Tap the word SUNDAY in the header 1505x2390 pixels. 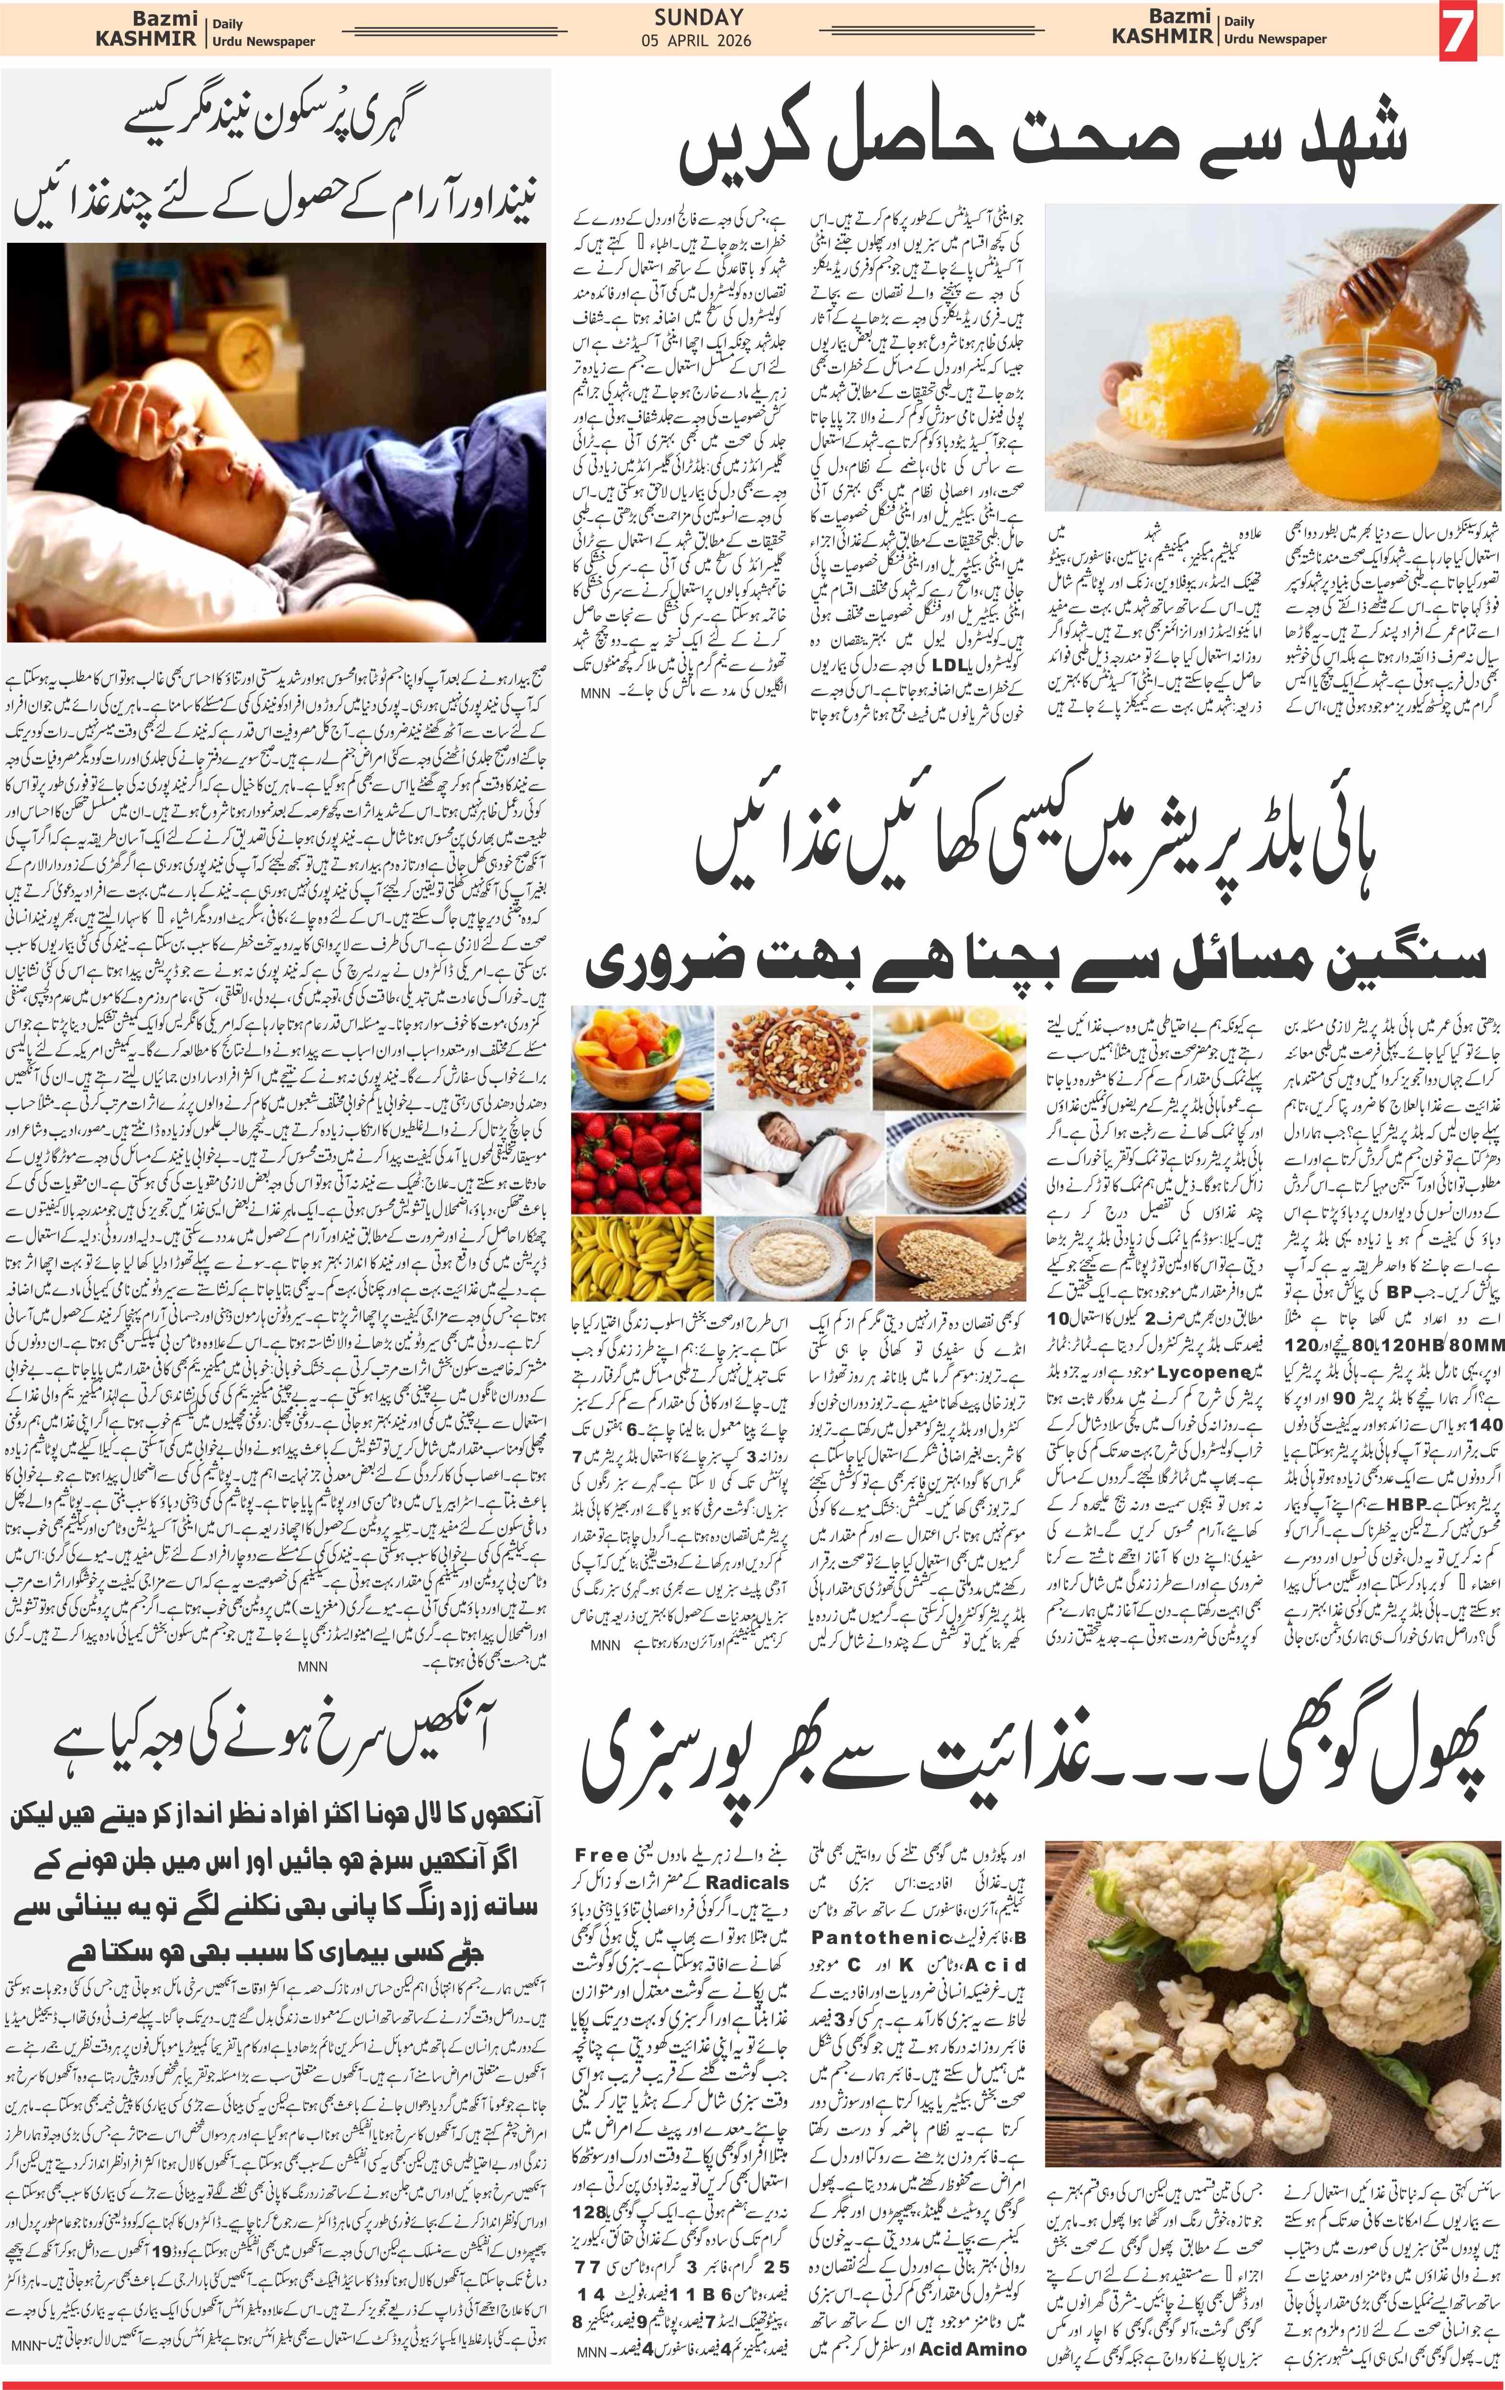click(x=699, y=17)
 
